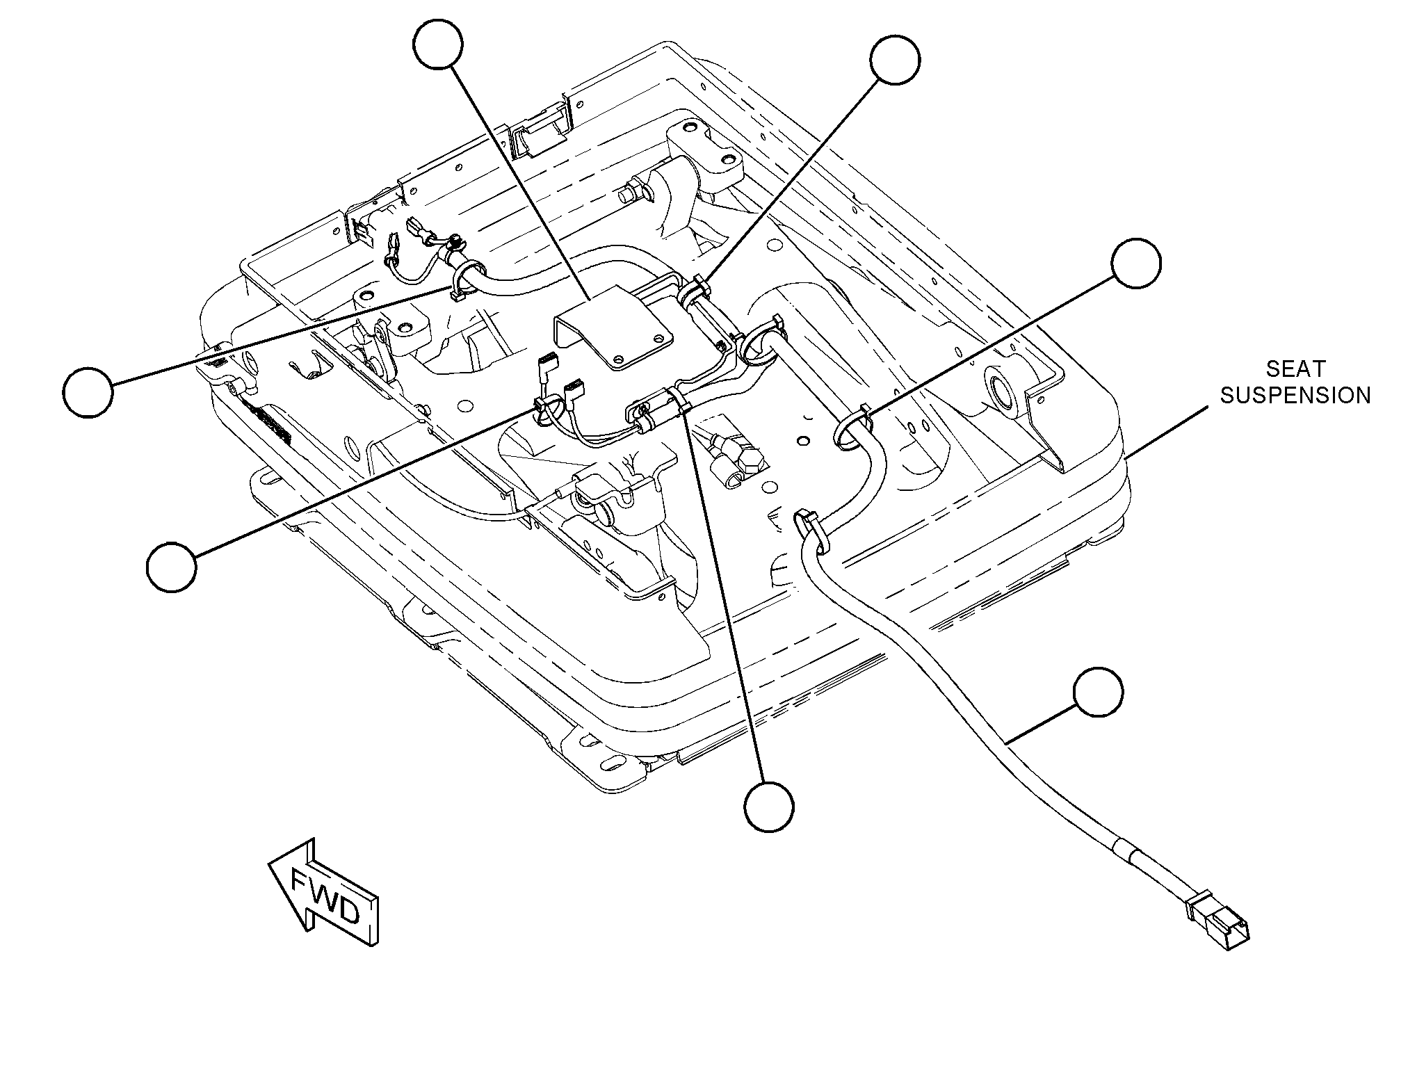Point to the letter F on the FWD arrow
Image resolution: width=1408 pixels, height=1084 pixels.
coord(301,884)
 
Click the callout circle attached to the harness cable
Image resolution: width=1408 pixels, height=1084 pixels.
coord(1098,693)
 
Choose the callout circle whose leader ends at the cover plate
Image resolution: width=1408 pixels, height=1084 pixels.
coord(437,43)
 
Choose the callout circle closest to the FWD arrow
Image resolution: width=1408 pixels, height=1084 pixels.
coord(172,567)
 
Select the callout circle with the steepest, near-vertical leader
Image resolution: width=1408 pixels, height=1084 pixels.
coord(768,806)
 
